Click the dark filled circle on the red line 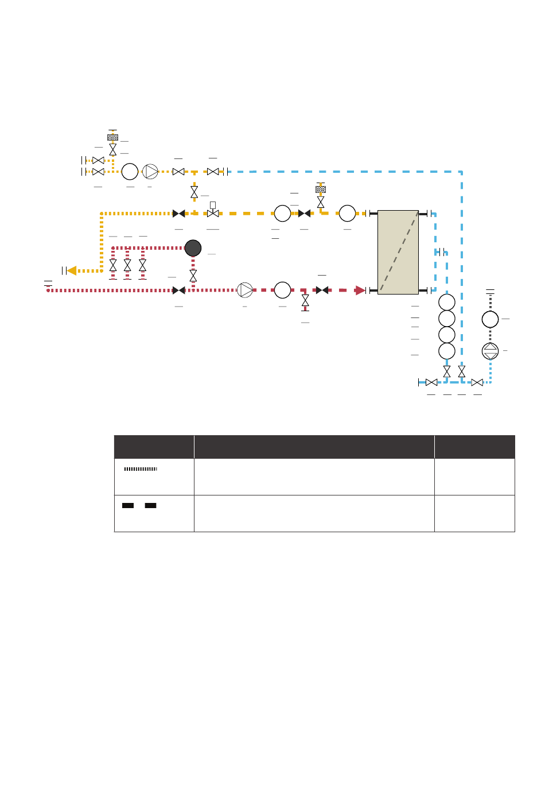coord(193,248)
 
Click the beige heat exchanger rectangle coord(398,252)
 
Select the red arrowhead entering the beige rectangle coord(360,290)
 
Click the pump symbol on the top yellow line coord(150,171)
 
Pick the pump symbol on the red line coord(245,290)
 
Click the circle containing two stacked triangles coord(490,351)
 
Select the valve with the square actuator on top coord(213,211)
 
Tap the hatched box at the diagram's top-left coord(113,137)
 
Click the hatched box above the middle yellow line coord(321,189)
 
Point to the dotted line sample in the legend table coord(141,469)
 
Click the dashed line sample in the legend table coord(139,506)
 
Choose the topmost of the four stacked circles coord(446,302)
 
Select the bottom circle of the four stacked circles coord(446,351)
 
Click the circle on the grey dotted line coord(490,319)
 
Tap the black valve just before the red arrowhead coord(322,290)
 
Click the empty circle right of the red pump coord(282,290)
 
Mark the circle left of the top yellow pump coord(130,171)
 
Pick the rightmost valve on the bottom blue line coord(477,382)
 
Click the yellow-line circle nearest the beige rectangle coord(347,213)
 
